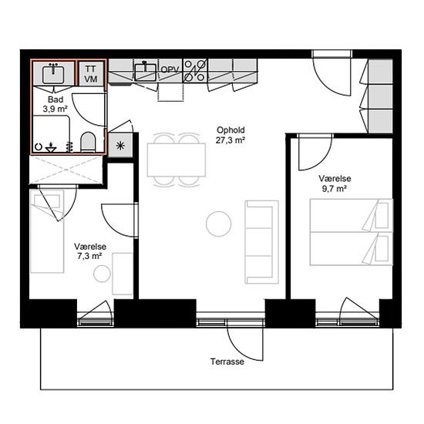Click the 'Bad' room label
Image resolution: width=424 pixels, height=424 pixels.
pyautogui.click(x=56, y=99)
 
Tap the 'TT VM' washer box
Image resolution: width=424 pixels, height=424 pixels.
pyautogui.click(x=91, y=74)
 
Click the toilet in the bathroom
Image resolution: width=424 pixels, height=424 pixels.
pyautogui.click(x=89, y=142)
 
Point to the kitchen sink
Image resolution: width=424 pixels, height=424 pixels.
pyautogui.click(x=146, y=72)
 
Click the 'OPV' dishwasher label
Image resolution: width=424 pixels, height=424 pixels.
pyautogui.click(x=170, y=69)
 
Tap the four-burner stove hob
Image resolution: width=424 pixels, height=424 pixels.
pyautogui.click(x=195, y=71)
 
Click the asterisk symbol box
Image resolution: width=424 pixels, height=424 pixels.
pyautogui.click(x=120, y=146)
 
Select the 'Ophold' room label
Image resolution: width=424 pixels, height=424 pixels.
pyautogui.click(x=231, y=130)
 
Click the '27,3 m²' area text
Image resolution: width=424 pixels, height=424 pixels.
pyautogui.click(x=231, y=140)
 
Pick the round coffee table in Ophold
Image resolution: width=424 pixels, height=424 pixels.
pyautogui.click(x=218, y=224)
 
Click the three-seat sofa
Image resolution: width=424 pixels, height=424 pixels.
pyautogui.click(x=262, y=242)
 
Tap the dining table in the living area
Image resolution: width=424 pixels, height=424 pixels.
pyautogui.click(x=177, y=160)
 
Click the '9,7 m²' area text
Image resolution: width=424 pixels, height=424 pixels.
pyautogui.click(x=335, y=189)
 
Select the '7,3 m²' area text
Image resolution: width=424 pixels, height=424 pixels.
pyautogui.click(x=89, y=256)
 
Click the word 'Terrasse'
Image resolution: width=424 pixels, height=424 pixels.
pyautogui.click(x=227, y=362)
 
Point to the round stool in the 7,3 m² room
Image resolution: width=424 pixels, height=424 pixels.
pyautogui.click(x=102, y=274)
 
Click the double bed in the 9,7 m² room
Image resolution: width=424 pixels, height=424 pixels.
pyautogui.click(x=352, y=232)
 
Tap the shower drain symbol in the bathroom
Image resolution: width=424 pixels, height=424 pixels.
pyautogui.click(x=51, y=148)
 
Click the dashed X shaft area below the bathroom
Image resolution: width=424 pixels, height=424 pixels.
pyautogui.click(x=66, y=170)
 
